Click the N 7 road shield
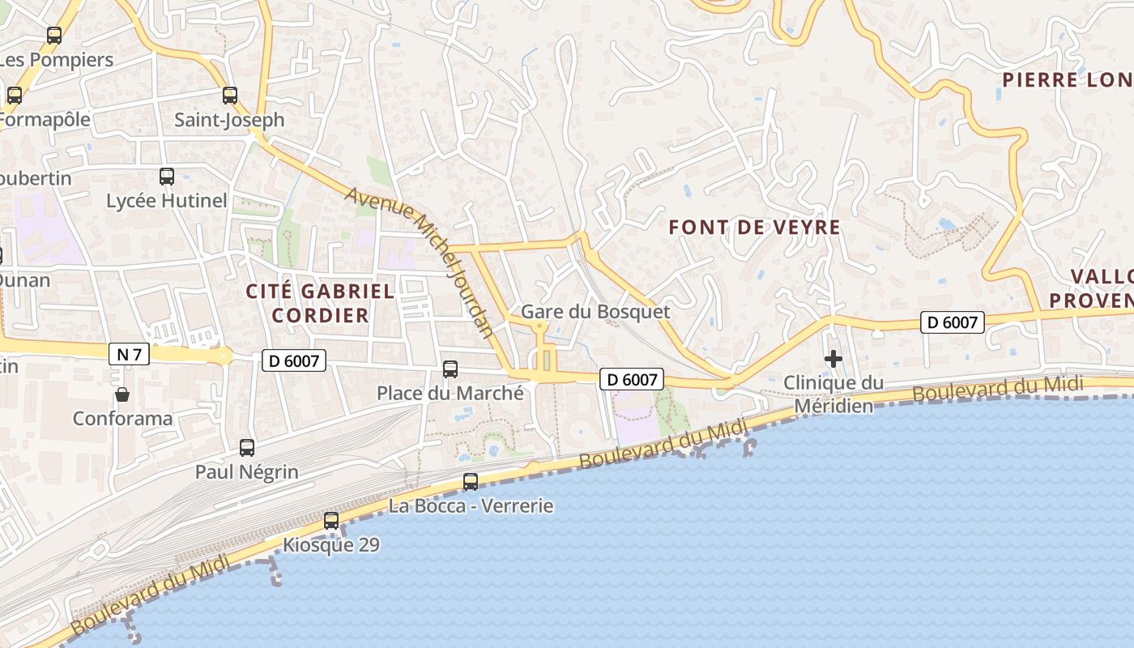(129, 354)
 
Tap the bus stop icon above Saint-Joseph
(230, 96)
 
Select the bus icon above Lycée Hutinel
(167, 176)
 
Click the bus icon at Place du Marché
(450, 369)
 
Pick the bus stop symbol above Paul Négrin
(247, 447)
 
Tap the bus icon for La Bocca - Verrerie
(471, 482)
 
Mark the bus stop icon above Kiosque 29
(331, 521)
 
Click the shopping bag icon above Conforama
(122, 394)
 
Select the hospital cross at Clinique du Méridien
(833, 359)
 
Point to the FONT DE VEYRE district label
(754, 228)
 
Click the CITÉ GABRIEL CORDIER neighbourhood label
(320, 303)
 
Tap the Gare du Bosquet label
(595, 312)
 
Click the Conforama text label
(122, 419)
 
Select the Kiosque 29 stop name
(330, 545)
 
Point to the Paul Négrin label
(247, 471)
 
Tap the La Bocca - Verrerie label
(471, 506)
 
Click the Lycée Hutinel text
(167, 200)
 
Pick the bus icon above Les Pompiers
(54, 36)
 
